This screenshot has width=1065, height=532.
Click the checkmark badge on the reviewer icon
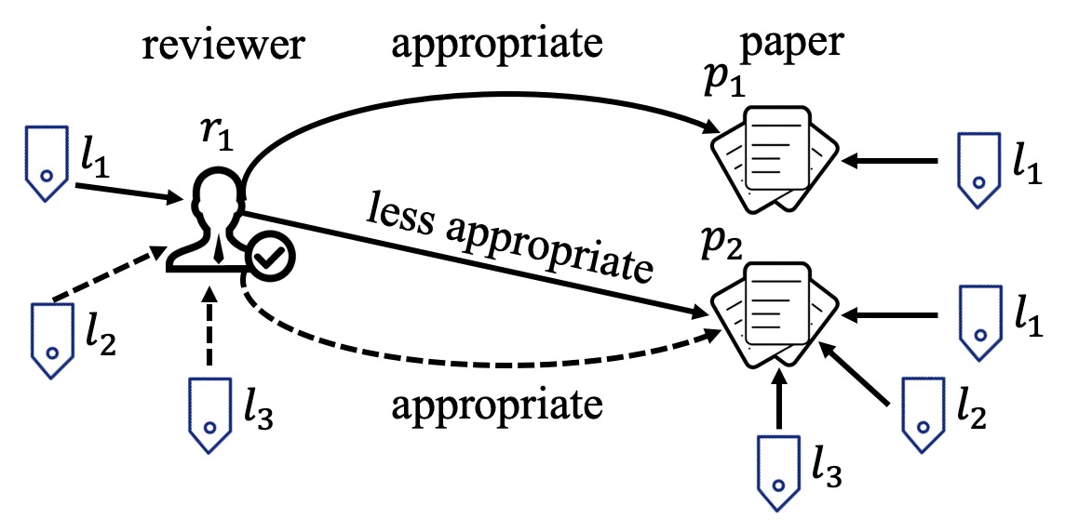point(272,260)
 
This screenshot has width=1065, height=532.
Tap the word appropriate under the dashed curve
point(494,406)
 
